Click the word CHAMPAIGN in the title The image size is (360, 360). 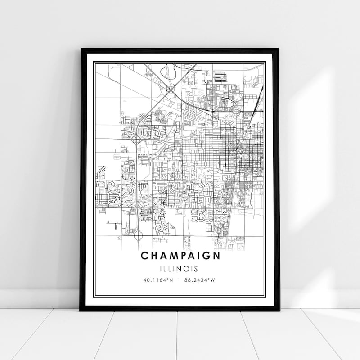[180, 256]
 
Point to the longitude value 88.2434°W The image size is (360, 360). [200, 280]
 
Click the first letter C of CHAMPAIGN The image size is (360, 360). [144, 256]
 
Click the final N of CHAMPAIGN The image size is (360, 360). [217, 256]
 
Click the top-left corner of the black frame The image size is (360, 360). [81, 49]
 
